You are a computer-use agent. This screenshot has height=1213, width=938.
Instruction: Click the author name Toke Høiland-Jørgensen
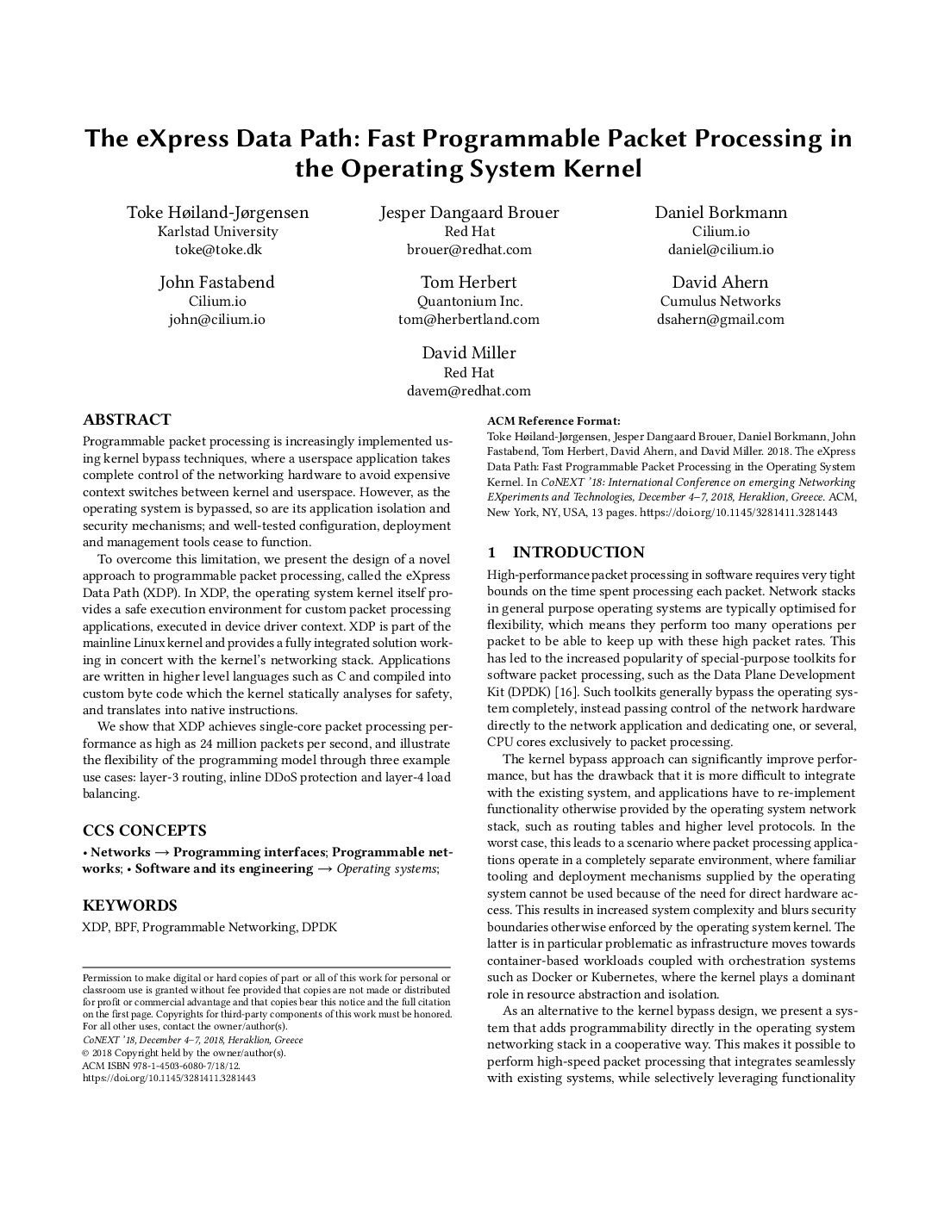pos(217,213)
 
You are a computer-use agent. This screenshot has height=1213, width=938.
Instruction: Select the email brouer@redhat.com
pos(469,250)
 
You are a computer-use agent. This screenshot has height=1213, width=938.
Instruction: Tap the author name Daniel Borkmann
pos(721,213)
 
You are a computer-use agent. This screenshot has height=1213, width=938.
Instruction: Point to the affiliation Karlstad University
pos(217,232)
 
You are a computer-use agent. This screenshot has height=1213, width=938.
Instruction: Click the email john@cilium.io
pos(217,320)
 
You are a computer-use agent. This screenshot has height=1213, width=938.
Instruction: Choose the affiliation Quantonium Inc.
pos(469,302)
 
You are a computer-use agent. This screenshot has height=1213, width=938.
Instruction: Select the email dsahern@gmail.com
pos(721,320)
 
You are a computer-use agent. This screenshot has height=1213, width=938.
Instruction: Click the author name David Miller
pos(469,353)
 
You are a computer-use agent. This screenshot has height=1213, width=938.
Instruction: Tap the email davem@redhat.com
pos(469,391)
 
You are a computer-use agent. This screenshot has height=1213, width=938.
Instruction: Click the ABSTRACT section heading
pos(127,420)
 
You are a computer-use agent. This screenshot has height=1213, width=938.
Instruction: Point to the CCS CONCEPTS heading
pos(144,830)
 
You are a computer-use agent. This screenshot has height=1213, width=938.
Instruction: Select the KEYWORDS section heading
pos(129,905)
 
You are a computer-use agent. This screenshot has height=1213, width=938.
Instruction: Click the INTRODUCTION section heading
pos(578,552)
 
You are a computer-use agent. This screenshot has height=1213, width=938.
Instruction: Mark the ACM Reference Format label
pos(553,421)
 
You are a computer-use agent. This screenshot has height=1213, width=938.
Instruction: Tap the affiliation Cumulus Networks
pos(721,302)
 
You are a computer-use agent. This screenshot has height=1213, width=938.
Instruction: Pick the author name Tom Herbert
pos(469,283)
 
